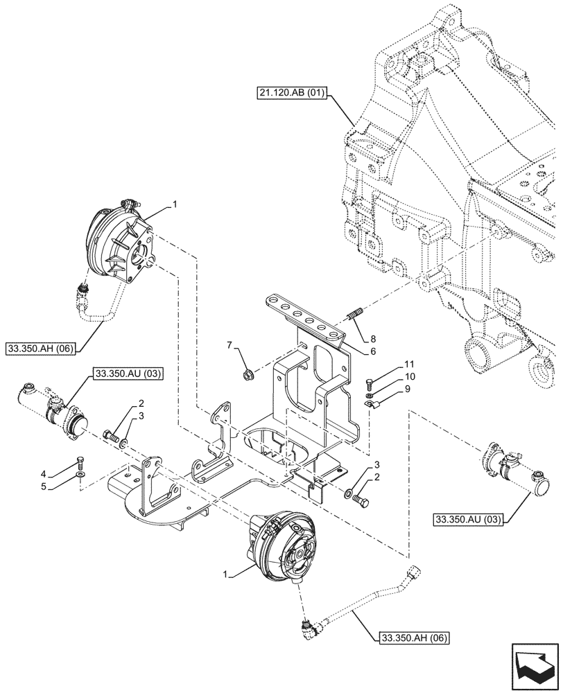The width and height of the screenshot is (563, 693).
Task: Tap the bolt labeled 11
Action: click(x=370, y=380)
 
